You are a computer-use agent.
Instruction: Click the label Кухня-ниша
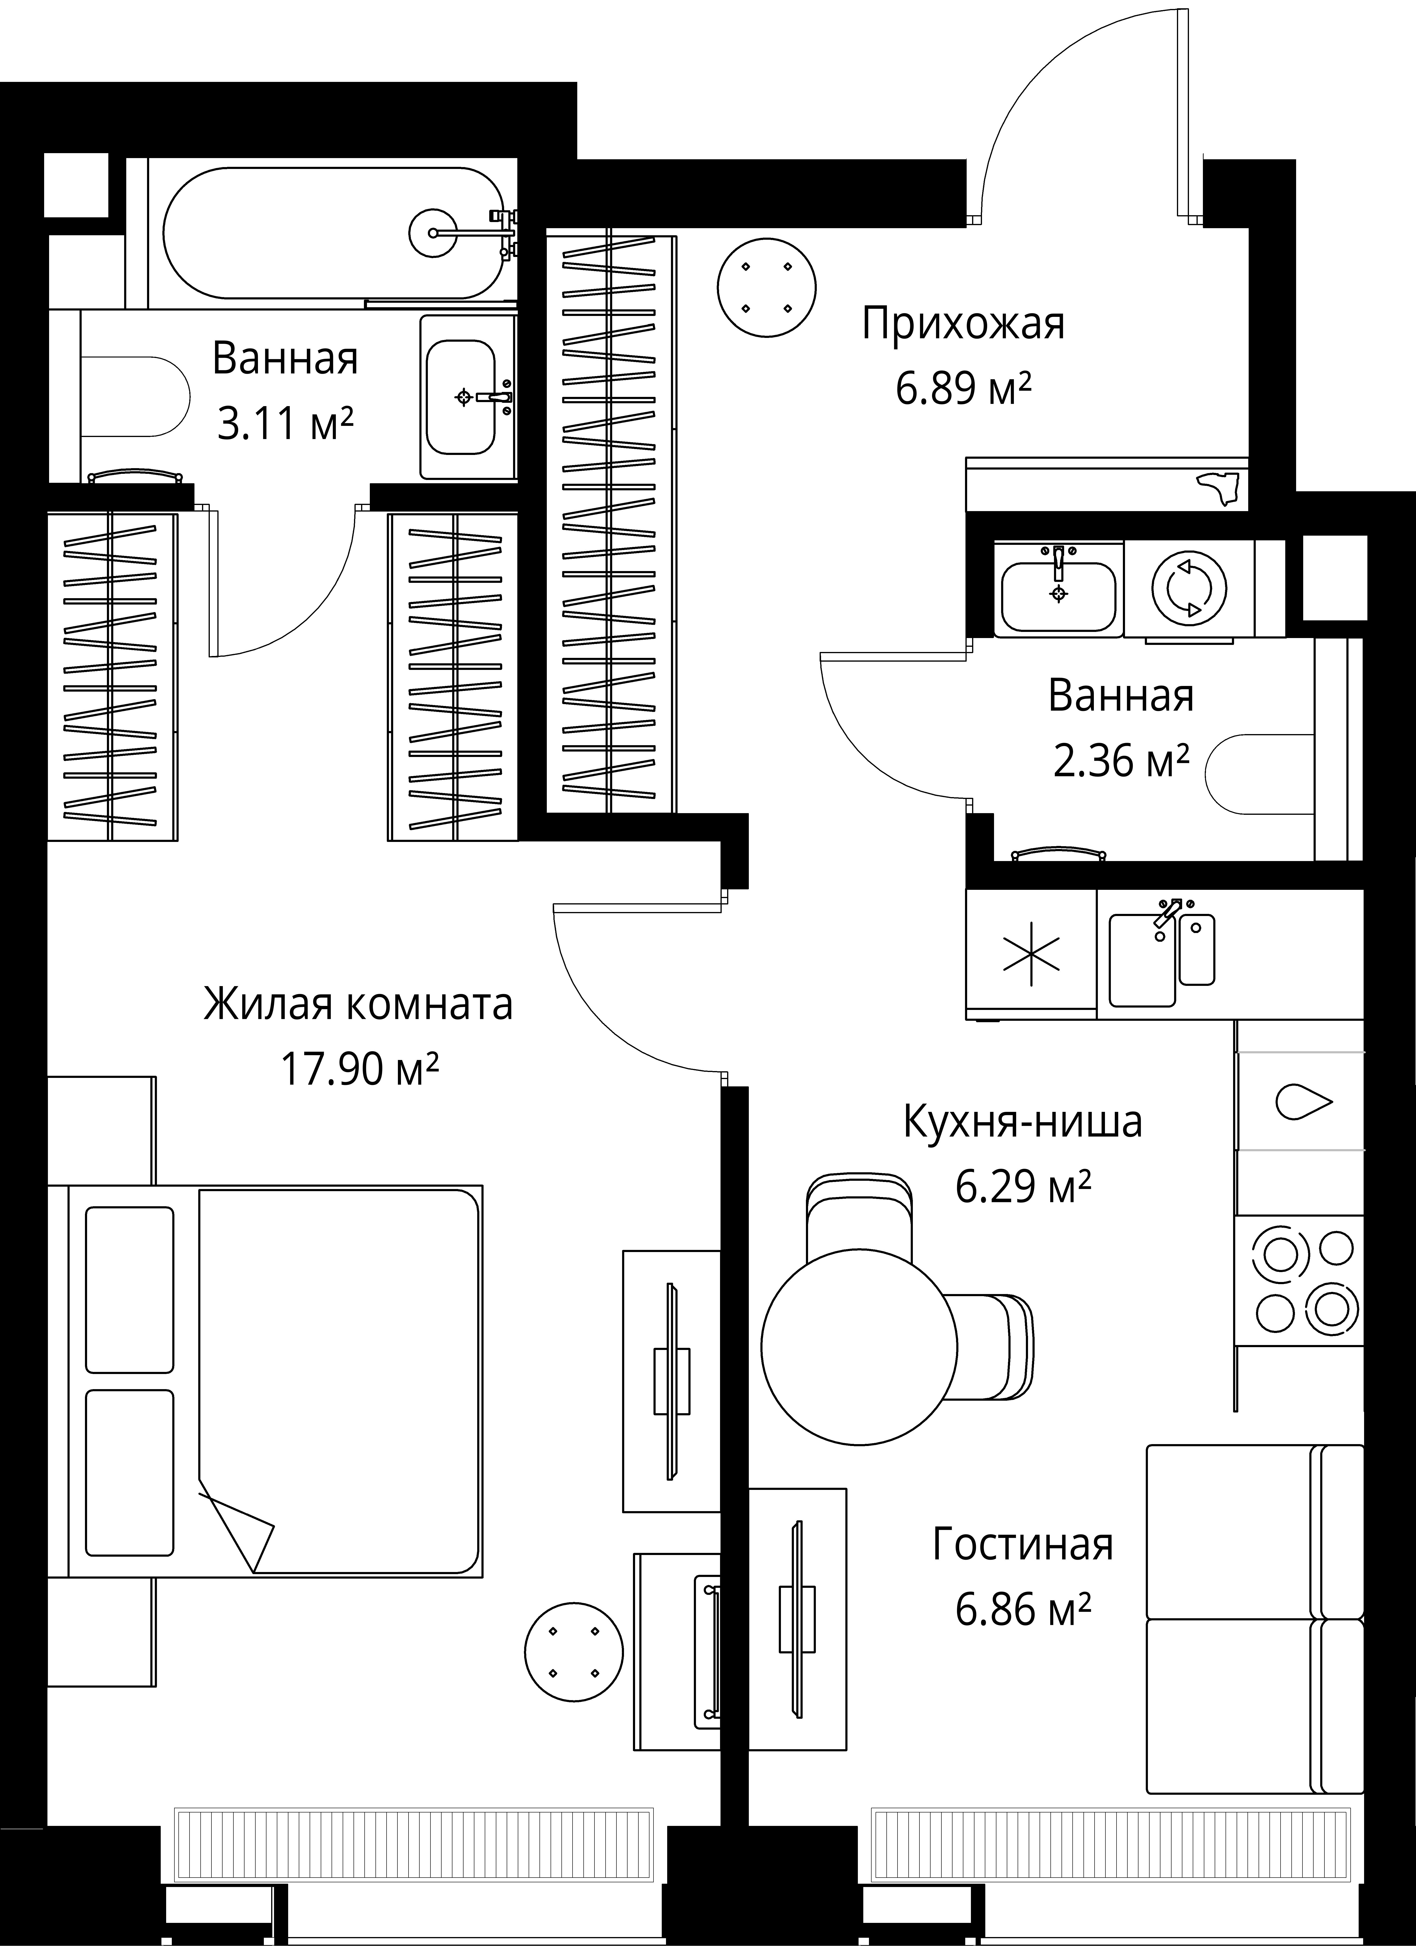click(x=1023, y=1122)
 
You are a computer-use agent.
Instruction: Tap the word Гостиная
click(x=1023, y=1544)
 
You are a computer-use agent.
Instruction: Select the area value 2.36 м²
click(x=1121, y=760)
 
